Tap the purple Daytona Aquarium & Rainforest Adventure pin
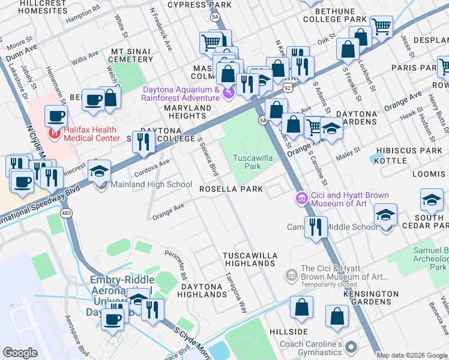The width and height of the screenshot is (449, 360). [227, 92]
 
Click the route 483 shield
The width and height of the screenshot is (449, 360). [65, 213]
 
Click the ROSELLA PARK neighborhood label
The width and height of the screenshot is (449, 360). [232, 189]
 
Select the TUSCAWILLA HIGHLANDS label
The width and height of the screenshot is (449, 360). [250, 259]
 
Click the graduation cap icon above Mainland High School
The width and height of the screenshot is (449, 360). [100, 170]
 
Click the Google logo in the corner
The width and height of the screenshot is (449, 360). [20, 353]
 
